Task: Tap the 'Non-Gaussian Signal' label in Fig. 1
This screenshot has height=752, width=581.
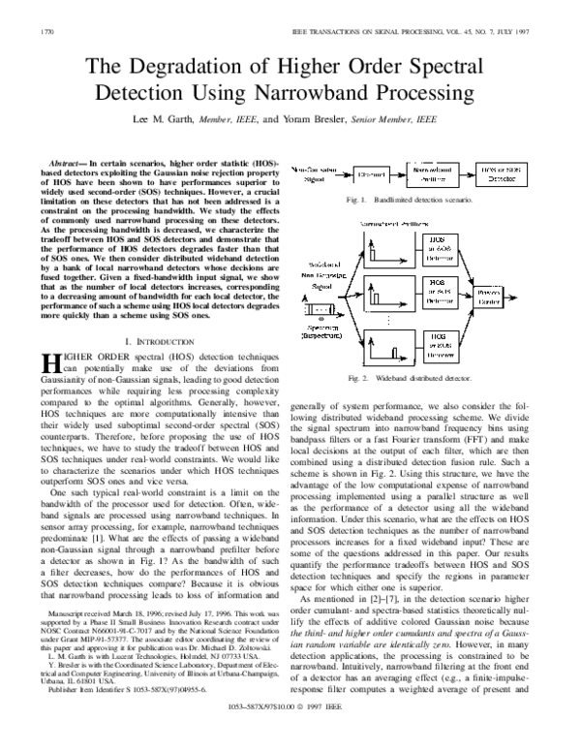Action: click(313, 173)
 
